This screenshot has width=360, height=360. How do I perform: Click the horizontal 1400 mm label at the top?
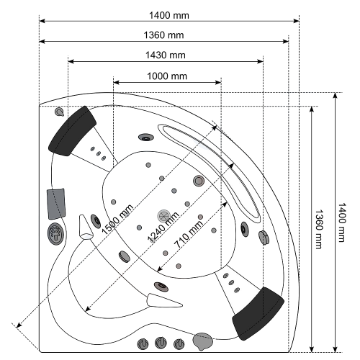(x=169, y=15)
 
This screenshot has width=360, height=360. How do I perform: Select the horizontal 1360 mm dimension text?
(x=163, y=35)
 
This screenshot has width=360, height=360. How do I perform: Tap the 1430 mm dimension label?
(x=166, y=55)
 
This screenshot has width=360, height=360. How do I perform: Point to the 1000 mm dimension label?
(x=167, y=76)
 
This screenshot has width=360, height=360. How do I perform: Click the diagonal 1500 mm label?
(x=117, y=220)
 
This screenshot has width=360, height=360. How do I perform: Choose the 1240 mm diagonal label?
(x=163, y=227)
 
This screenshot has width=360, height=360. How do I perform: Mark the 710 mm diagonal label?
(x=189, y=234)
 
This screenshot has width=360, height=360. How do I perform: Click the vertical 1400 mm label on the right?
(x=342, y=222)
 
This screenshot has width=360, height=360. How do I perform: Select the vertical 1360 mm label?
(x=318, y=229)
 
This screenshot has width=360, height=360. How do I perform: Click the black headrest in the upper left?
(x=72, y=131)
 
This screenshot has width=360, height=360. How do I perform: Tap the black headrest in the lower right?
(x=258, y=313)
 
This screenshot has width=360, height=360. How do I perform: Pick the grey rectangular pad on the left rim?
(x=56, y=204)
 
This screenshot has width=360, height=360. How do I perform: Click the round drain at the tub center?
(x=164, y=216)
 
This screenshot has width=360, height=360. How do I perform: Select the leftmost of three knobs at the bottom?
(x=143, y=344)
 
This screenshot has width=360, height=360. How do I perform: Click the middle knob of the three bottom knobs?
(x=161, y=343)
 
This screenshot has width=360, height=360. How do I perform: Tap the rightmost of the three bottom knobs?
(x=179, y=344)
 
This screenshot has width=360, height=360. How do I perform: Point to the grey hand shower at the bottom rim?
(x=203, y=341)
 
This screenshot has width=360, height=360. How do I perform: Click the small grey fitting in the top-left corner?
(x=59, y=112)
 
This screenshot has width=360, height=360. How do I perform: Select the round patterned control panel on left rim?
(x=55, y=234)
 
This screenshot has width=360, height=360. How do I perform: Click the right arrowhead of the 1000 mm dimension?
(x=218, y=83)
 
